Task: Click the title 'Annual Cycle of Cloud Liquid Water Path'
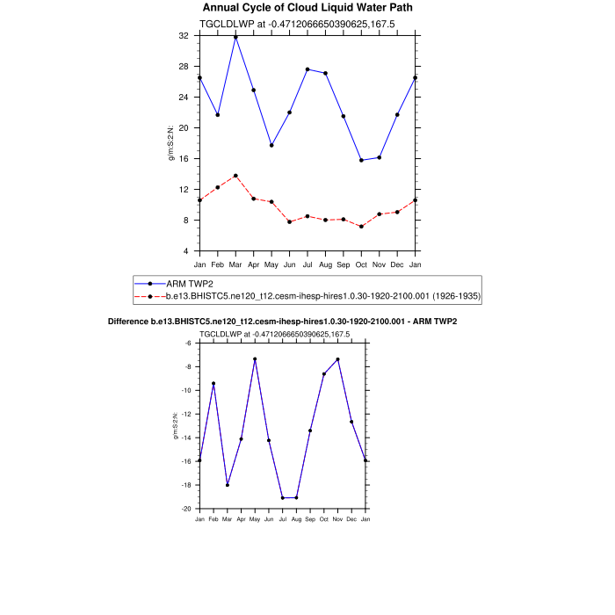coord(307,8)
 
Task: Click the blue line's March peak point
coord(235,37)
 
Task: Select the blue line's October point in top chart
coord(361,160)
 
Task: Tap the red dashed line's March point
coord(235,176)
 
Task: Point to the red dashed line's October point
coord(361,227)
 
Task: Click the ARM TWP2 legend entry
coord(190,283)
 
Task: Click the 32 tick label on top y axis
coord(184,36)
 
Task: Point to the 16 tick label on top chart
coord(184,159)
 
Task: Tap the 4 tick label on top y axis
coord(186,251)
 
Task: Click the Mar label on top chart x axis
coord(235,264)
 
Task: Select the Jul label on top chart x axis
coord(307,264)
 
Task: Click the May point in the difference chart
coord(255,358)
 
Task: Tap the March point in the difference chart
coord(228,485)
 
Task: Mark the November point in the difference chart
coord(337,358)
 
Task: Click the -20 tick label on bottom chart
coord(188,509)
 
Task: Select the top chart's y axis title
coord(172,143)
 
